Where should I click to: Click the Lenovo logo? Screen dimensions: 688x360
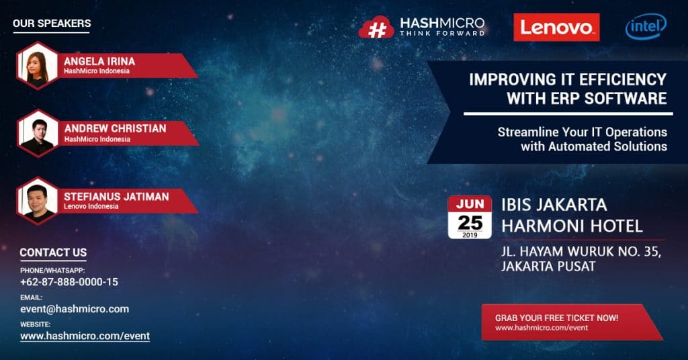pos(556,27)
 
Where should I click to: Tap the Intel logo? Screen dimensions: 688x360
pos(646,26)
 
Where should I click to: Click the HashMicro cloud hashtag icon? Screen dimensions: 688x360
pos(376,28)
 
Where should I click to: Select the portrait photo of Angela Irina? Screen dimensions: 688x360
pos(38,66)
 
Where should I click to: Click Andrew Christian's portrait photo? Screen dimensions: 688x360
pos(38,133)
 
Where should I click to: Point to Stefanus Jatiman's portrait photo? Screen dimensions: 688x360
pos(38,201)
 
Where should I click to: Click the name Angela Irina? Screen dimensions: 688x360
pos(99,61)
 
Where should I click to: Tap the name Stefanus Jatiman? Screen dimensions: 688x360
pos(116,196)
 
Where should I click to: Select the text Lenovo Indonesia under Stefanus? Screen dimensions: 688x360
pos(91,206)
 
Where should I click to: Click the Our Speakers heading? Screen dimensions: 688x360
pos(52,24)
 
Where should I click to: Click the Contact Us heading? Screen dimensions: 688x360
pos(53,253)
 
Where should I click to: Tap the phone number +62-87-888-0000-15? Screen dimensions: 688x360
pos(69,282)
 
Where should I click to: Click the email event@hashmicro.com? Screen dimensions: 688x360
pos(75,309)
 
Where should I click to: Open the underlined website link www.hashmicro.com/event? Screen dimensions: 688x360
pos(85,336)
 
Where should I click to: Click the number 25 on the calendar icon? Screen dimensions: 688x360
pos(470,223)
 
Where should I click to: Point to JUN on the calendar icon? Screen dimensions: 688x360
pos(470,204)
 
